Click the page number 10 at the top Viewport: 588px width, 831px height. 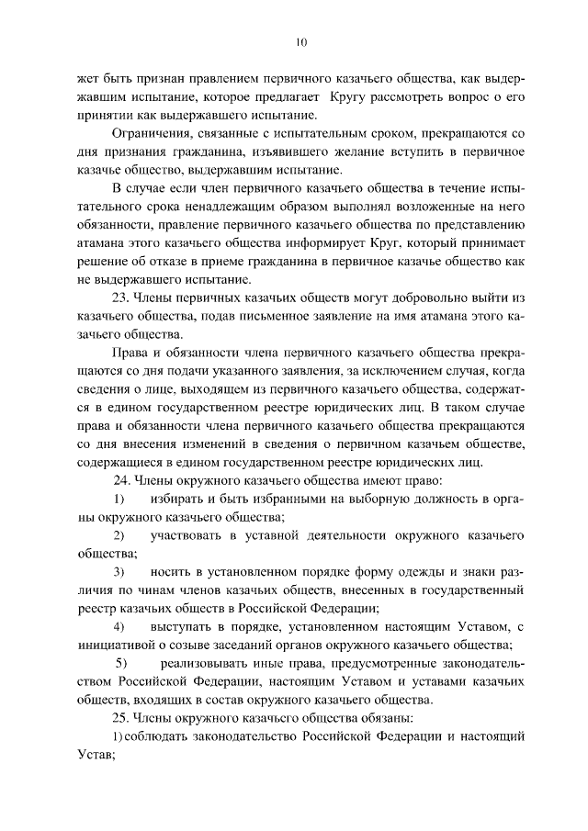300,41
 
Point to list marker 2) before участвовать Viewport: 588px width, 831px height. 119,534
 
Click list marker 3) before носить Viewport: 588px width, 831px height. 119,571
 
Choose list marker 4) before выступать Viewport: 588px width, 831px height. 119,626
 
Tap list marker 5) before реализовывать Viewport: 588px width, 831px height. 120,662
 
